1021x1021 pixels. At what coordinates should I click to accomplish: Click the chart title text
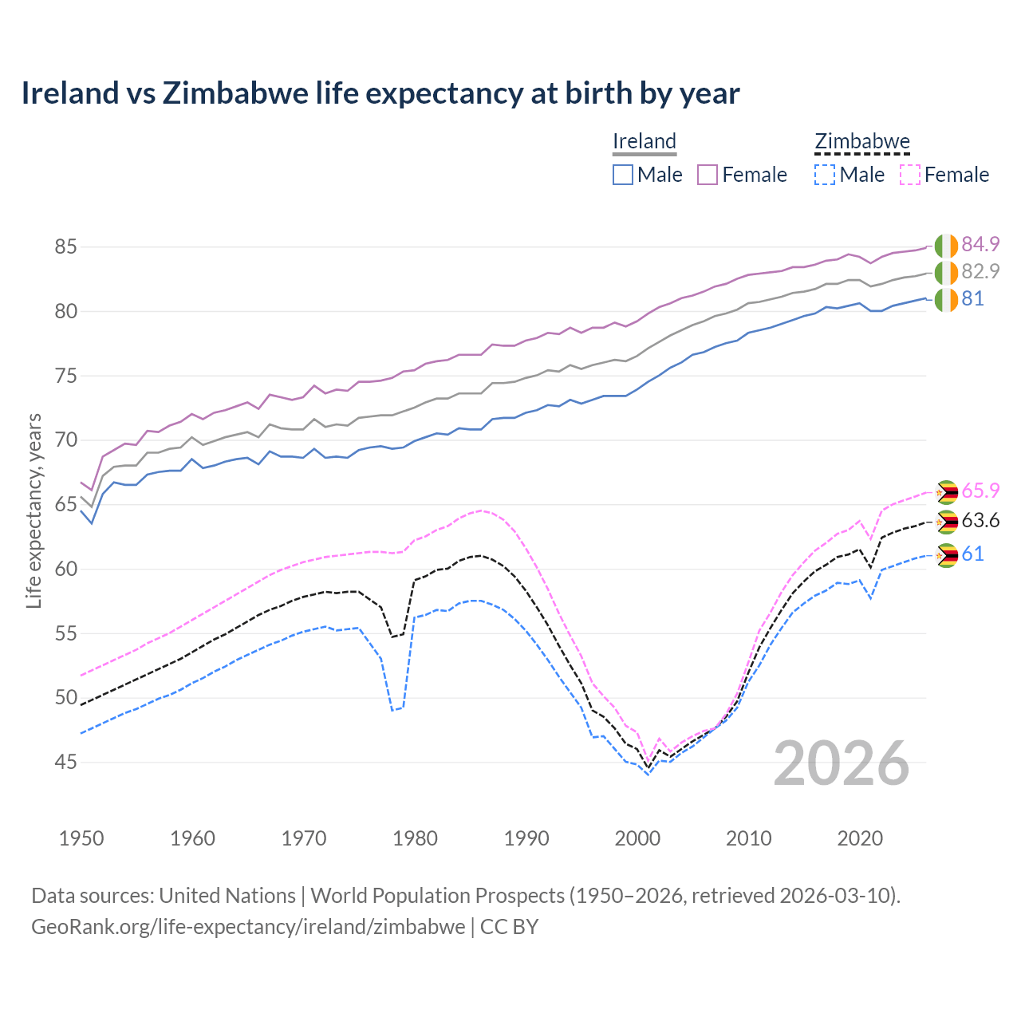coord(380,93)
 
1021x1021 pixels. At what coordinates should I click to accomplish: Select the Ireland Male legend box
coord(623,175)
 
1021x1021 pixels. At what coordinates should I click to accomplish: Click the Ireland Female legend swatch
coord(708,175)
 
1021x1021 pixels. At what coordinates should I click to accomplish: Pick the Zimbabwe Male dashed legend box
coord(825,175)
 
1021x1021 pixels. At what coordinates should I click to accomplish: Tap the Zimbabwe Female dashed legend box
coord(909,175)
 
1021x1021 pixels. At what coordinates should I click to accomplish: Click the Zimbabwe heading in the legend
coord(861,142)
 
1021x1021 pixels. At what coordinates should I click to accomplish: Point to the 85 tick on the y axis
coord(65,247)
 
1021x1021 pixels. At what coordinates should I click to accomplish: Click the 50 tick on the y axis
coord(65,698)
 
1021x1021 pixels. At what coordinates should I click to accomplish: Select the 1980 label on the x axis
coord(415,838)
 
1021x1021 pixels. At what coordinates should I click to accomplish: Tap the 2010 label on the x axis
coord(748,838)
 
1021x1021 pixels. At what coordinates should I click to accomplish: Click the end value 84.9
coord(980,244)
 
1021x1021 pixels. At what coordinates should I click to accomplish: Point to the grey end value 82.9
coord(980,271)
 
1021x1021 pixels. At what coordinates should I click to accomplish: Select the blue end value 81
coord(972,299)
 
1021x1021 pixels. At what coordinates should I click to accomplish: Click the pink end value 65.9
coord(980,491)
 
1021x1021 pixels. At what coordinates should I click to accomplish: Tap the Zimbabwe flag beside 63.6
coord(946,522)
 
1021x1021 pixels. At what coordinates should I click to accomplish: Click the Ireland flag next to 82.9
coord(946,273)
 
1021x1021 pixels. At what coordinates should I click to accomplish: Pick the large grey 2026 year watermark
coord(841,764)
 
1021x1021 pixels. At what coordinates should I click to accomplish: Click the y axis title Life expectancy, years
coord(34,510)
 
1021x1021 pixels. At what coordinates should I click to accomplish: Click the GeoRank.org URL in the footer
coord(248,927)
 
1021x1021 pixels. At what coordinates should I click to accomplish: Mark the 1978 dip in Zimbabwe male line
coord(392,710)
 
